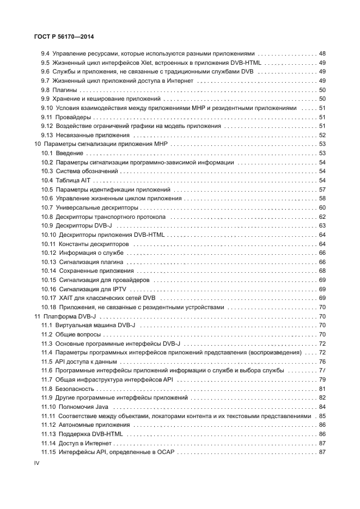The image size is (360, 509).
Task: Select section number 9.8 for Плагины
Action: tap(46, 90)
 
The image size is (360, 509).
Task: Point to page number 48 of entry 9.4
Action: tap(322, 54)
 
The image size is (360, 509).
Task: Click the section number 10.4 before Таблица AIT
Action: tap(47, 180)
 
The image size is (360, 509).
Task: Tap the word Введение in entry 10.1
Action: tap(70, 154)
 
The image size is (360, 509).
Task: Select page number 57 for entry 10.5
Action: tap(322, 189)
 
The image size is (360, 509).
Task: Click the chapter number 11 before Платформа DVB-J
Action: tap(37, 316)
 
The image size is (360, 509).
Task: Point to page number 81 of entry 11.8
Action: tap(322, 388)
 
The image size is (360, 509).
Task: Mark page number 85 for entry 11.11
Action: tap(322, 415)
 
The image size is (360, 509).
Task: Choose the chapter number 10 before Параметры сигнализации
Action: tap(37, 144)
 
